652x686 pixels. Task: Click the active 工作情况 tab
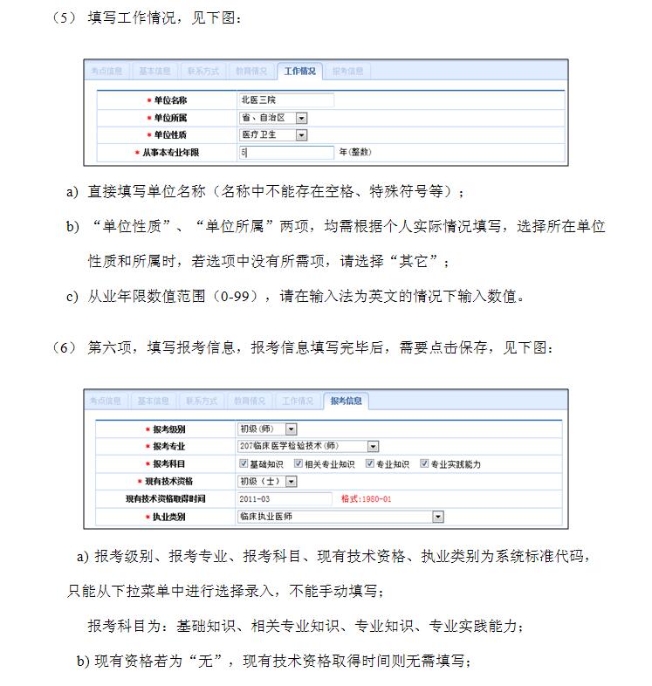coord(299,71)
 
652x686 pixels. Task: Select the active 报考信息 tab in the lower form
coord(347,401)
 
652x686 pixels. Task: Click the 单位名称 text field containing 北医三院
coord(285,100)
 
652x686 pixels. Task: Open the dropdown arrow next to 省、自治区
coord(301,118)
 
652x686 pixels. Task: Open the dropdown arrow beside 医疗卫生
coord(301,135)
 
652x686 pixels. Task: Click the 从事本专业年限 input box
coord(285,153)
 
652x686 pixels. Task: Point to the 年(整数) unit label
coord(355,153)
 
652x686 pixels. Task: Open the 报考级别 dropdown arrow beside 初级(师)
coord(291,429)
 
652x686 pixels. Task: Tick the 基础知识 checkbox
coord(243,464)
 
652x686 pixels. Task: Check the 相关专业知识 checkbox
coord(298,464)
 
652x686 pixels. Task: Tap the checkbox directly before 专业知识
coord(369,464)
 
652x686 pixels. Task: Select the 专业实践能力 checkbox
coord(424,464)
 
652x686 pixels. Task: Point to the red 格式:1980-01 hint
coord(366,499)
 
